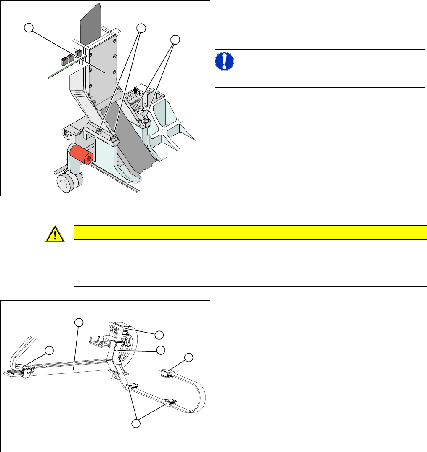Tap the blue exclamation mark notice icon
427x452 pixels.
coord(225,61)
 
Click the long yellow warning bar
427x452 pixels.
coord(250,232)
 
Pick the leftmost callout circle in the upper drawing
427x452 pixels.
coord(28,28)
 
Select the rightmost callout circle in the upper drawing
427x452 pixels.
coord(175,40)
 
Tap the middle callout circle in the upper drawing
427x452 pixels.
coord(141,28)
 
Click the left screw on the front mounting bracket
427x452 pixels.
coord(99,132)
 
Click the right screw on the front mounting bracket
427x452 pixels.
coord(113,137)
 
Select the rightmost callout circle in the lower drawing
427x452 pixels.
coord(189,357)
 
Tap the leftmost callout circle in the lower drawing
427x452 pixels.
coord(49,350)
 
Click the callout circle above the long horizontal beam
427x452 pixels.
coord(78,322)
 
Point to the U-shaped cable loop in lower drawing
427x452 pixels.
coord(198,387)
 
